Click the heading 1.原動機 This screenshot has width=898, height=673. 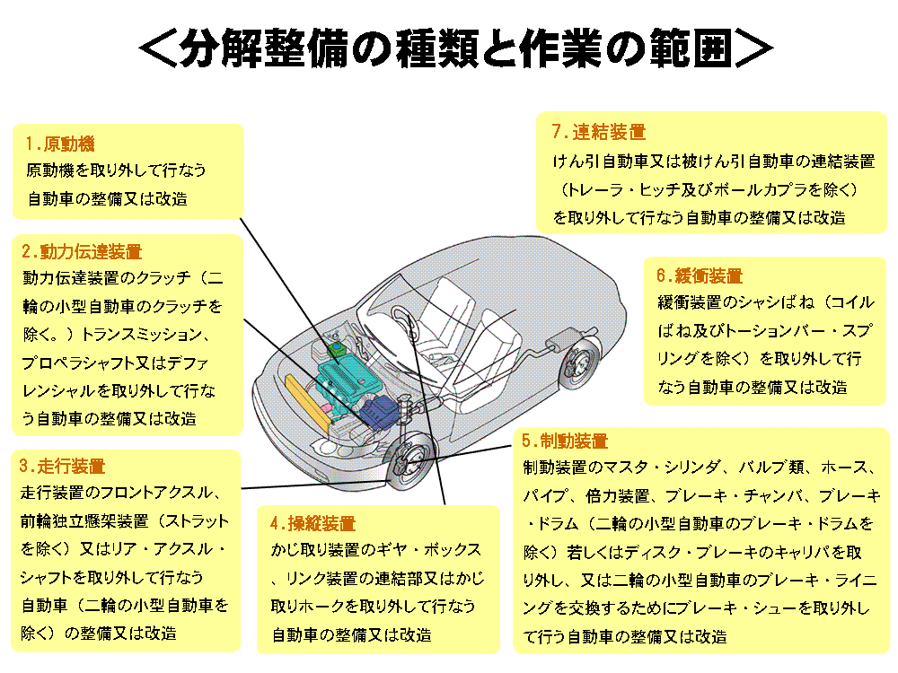[60, 144]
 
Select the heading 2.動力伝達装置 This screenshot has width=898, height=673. [82, 252]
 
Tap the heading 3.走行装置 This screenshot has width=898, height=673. [63, 467]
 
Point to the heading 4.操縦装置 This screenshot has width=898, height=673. [313, 523]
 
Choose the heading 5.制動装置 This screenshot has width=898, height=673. [565, 441]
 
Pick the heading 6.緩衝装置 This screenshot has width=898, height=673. [700, 275]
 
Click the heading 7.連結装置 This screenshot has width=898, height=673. [598, 132]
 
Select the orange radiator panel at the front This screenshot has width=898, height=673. [307, 404]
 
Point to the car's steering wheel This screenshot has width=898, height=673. [404, 323]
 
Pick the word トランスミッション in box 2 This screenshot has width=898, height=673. [143, 335]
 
